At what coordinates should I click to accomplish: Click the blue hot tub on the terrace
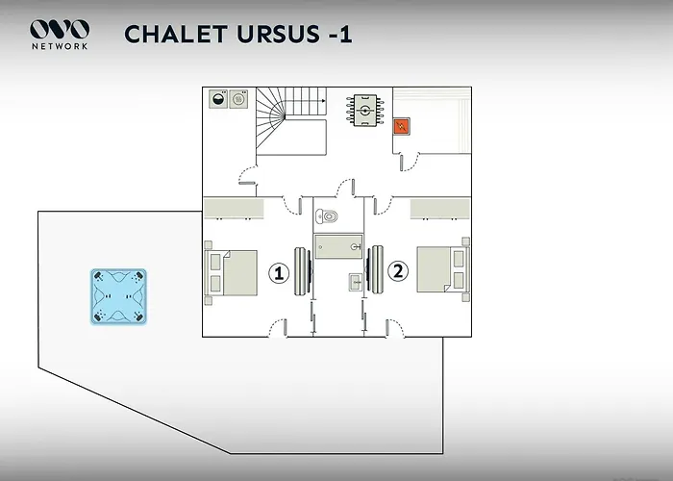coord(118,296)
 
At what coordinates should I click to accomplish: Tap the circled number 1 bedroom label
coord(279,273)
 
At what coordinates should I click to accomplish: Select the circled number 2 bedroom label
coord(398,271)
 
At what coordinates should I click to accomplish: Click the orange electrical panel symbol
coord(402,127)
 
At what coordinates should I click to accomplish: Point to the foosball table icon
coord(364,111)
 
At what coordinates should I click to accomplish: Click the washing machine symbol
coord(218,99)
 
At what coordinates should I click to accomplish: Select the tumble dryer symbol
coord(238,99)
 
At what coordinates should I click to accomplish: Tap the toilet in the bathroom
coord(327,216)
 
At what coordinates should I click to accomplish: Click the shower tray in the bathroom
coord(338,246)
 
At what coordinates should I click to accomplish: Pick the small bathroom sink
coord(356,282)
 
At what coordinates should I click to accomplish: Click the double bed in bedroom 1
coord(231,273)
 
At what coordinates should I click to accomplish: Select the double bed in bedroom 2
coord(443,269)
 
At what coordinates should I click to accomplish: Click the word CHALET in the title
coord(176,35)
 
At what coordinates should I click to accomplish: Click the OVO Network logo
coord(60,35)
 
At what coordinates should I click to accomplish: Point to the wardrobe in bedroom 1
coord(234,209)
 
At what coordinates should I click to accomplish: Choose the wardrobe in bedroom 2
coord(440,209)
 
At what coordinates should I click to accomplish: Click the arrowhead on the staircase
coord(324,101)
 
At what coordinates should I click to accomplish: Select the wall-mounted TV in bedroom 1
coord(303,271)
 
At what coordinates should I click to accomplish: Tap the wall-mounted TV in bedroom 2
coord(375,269)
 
